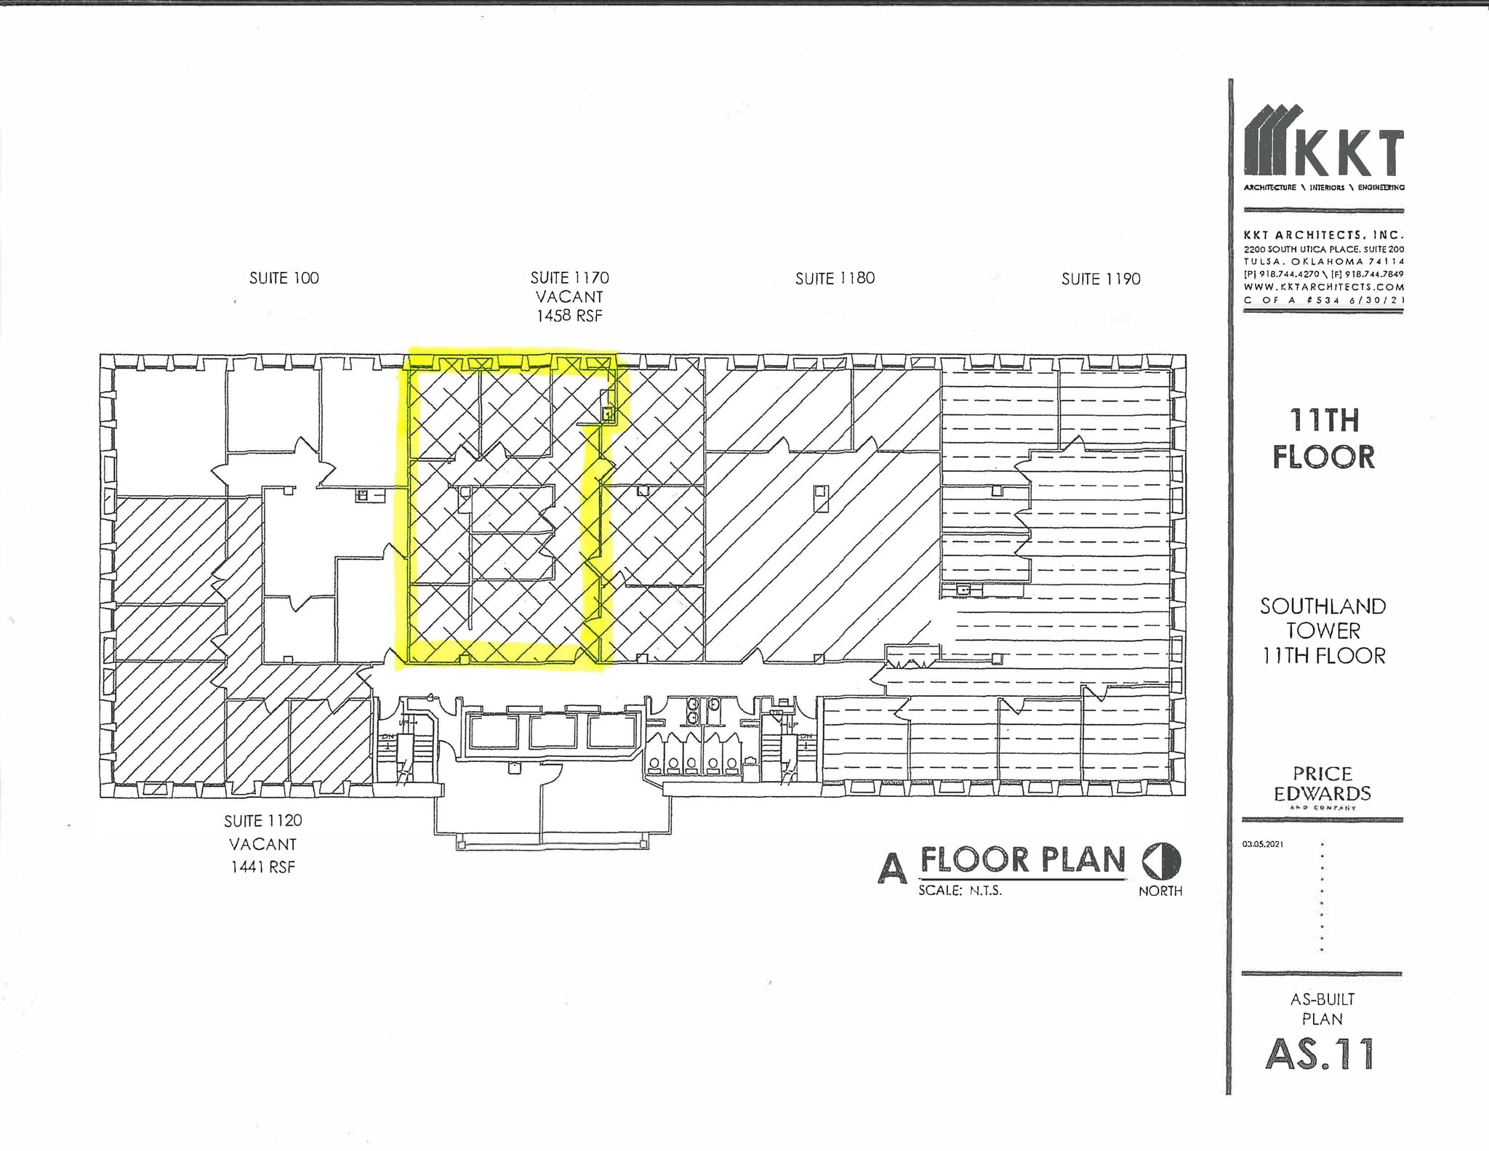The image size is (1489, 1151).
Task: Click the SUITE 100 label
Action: click(x=284, y=278)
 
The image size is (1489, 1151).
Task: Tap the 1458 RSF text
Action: click(x=569, y=316)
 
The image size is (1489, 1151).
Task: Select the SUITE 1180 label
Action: click(x=835, y=278)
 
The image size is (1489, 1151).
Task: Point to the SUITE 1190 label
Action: click(x=1101, y=279)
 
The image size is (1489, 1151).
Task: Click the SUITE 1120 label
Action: click(x=262, y=821)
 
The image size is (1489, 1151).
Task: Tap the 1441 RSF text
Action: click(x=262, y=867)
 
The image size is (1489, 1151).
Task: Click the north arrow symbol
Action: click(x=1162, y=862)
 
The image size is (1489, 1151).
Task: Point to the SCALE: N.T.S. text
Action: click(x=960, y=890)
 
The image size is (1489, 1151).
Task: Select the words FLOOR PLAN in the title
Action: click(x=1023, y=860)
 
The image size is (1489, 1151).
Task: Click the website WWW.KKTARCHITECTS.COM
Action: click(x=1323, y=286)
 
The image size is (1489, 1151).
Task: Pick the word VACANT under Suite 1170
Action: click(x=569, y=297)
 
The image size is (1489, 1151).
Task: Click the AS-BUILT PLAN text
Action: click(x=1322, y=1009)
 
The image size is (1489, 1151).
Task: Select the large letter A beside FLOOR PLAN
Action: click(x=893, y=867)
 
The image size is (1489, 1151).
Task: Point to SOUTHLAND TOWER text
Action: click(x=1323, y=618)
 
